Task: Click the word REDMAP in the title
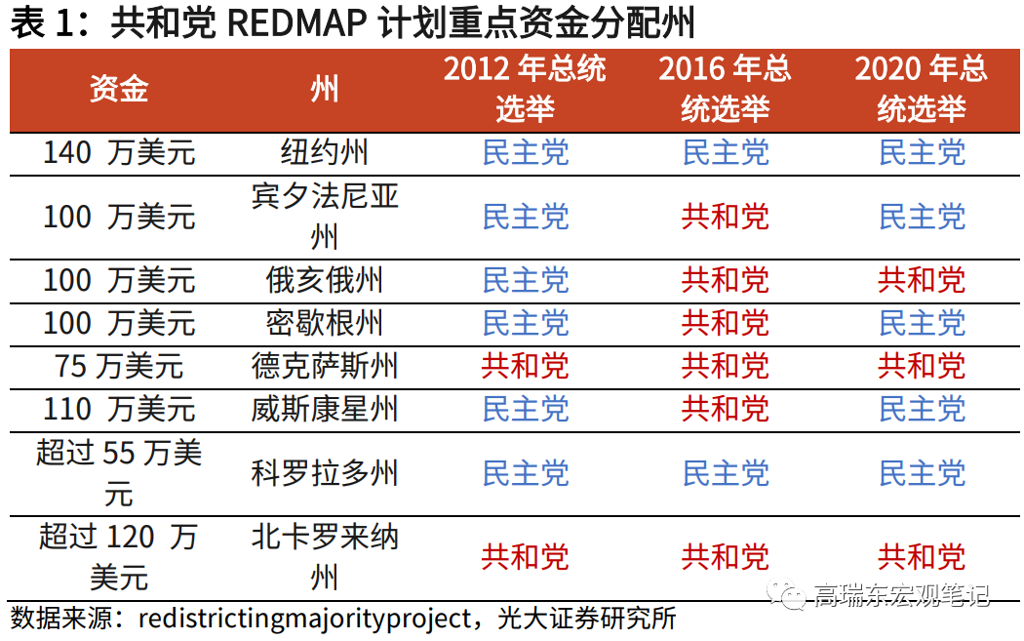tap(297, 22)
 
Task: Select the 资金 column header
tap(119, 88)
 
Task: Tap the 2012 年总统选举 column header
tap(525, 88)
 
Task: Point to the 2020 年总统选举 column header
tap(921, 88)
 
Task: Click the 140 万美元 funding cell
tap(119, 153)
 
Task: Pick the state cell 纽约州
tap(325, 153)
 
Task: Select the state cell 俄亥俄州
tap(325, 280)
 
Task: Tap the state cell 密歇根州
tap(325, 323)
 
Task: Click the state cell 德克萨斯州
tap(325, 366)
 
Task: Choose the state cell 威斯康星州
tap(325, 409)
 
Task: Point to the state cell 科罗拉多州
tap(325, 473)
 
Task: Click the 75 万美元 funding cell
tap(119, 366)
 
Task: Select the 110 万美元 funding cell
tap(119, 409)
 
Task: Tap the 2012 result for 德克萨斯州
tap(525, 366)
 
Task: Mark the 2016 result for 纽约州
tap(726, 153)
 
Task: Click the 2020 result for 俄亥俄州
tap(922, 280)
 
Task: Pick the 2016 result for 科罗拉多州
tap(726, 473)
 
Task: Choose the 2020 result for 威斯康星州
tap(922, 409)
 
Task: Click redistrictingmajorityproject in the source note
tap(305, 619)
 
